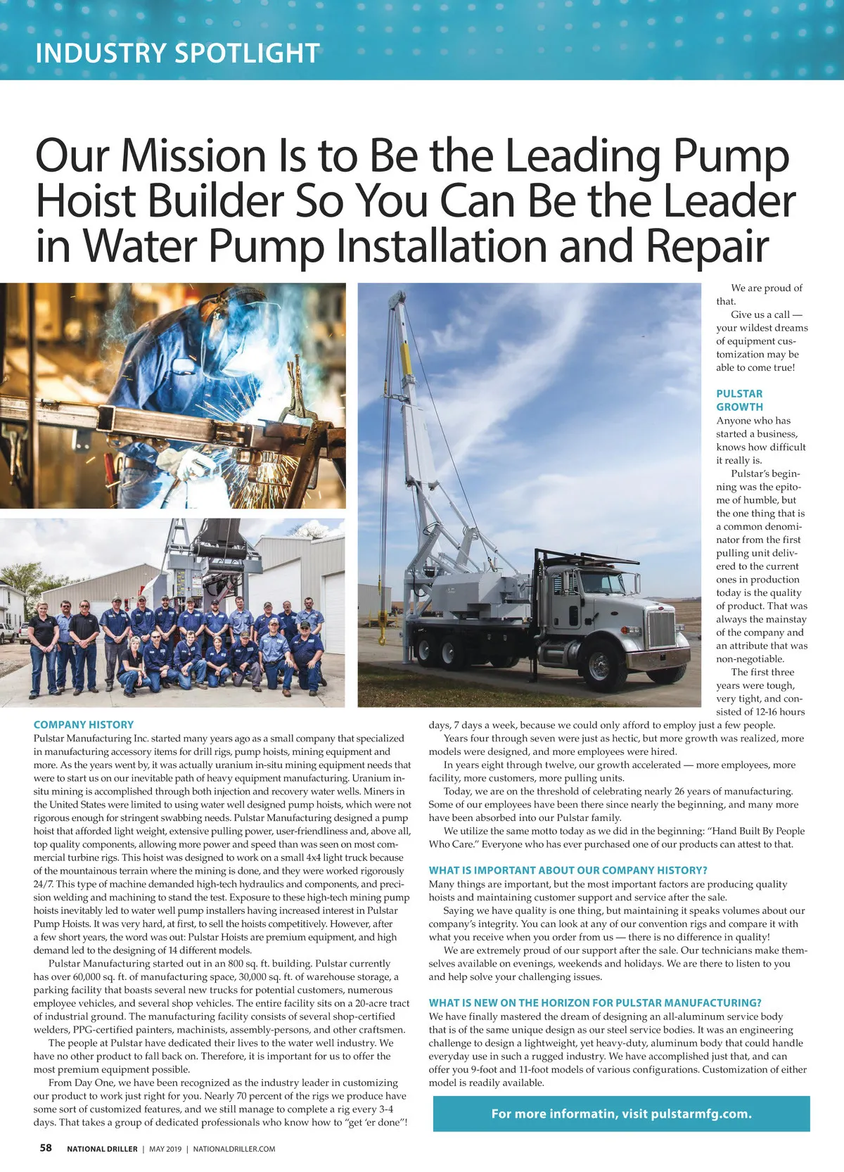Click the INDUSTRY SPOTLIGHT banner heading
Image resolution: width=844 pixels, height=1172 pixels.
click(x=177, y=53)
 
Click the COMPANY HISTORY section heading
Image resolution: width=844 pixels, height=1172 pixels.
click(x=84, y=725)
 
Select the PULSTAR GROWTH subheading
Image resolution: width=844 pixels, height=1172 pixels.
click(x=739, y=400)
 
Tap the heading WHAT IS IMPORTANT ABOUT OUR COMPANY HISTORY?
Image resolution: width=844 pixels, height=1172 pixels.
click(x=568, y=870)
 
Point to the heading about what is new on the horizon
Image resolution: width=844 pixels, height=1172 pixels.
click(x=595, y=1002)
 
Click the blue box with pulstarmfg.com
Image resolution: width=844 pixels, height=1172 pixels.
click(x=621, y=1114)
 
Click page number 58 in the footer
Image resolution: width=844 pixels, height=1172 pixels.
click(x=46, y=1148)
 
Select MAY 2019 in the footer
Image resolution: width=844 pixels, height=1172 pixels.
click(x=165, y=1149)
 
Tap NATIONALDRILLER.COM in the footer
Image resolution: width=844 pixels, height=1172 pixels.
click(x=234, y=1149)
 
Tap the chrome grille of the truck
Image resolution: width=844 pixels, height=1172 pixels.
click(x=661, y=628)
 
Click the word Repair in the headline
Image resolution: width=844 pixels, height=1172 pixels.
click(x=707, y=246)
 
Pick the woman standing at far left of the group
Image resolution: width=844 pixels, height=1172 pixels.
click(x=43, y=647)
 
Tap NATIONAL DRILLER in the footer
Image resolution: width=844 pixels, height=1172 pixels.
click(x=102, y=1149)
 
